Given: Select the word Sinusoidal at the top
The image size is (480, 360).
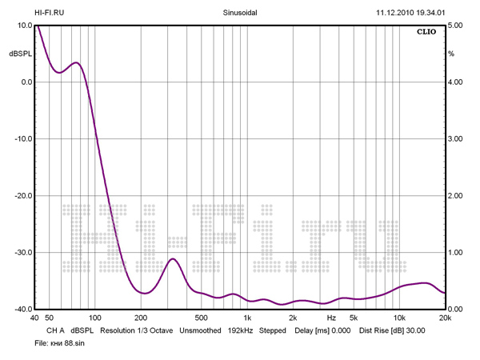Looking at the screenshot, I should (x=240, y=13).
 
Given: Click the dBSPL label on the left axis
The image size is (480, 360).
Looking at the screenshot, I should (x=20, y=54).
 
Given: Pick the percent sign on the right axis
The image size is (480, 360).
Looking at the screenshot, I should (x=451, y=54).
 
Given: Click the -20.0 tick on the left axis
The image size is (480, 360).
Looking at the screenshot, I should (x=20, y=195).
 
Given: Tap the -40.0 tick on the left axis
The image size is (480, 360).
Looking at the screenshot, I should (x=20, y=309).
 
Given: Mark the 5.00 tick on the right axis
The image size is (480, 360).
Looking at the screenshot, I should (x=455, y=25).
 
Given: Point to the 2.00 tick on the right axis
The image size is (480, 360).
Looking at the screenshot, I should (x=455, y=195).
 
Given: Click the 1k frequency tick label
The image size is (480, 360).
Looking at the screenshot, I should (x=247, y=318).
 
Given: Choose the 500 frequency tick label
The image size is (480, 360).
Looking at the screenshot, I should (x=201, y=318).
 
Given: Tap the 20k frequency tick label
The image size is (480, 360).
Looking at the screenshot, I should (x=445, y=318).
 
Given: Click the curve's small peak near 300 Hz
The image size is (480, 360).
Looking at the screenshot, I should (x=173, y=258).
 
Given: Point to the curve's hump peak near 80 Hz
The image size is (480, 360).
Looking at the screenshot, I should (x=76, y=62).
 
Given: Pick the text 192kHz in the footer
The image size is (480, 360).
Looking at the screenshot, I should (x=240, y=330).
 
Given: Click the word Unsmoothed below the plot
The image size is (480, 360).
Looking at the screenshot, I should (x=199, y=330).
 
